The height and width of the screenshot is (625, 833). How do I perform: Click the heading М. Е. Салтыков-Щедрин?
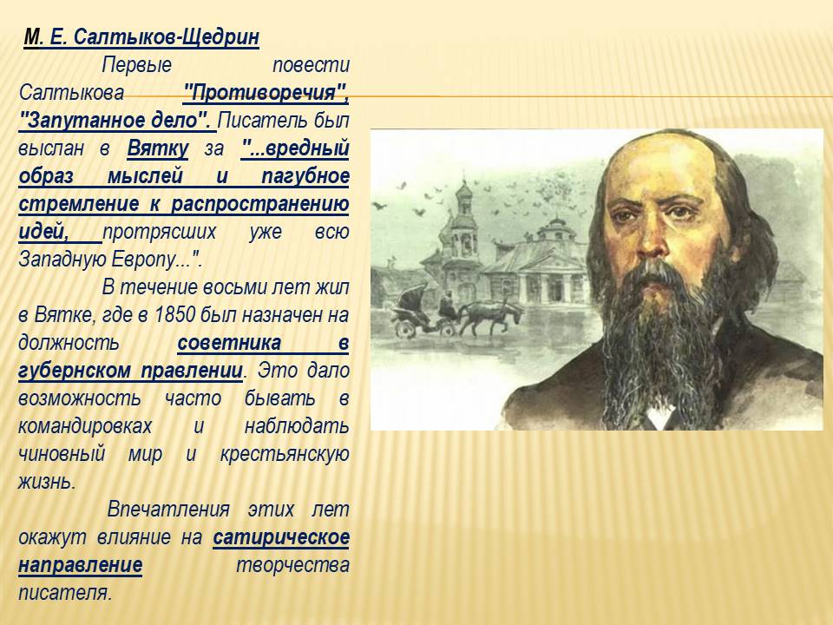point(141,37)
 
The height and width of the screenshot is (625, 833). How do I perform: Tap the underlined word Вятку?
point(158,148)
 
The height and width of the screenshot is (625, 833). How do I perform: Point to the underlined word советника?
point(229,343)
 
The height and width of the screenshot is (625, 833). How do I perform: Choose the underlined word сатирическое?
point(281,537)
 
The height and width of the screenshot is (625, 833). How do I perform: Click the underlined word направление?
point(80,565)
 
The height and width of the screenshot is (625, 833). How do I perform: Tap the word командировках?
point(85,425)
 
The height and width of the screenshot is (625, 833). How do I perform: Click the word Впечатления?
point(168,510)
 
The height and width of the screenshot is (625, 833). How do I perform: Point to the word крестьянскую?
point(285,454)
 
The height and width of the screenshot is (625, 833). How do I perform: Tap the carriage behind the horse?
point(416,312)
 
